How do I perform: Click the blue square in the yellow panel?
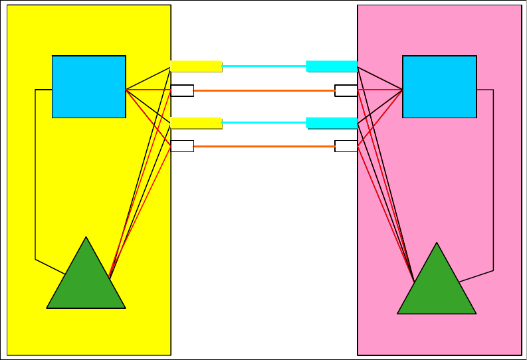(x=88, y=86)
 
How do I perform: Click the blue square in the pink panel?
(x=439, y=86)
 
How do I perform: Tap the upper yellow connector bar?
(x=196, y=66)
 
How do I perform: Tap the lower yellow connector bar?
(x=196, y=122)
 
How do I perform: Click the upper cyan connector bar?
(x=332, y=66)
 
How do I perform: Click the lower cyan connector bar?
(x=332, y=122)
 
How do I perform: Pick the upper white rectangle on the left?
(x=182, y=90)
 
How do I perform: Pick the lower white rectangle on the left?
(x=182, y=146)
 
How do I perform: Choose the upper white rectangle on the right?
(x=346, y=90)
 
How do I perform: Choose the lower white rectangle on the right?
(x=346, y=146)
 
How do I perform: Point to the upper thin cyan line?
(x=264, y=66)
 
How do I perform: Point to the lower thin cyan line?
(x=264, y=122)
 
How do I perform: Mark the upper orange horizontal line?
(x=264, y=90)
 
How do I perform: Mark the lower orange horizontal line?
(x=264, y=146)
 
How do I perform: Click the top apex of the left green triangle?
(x=86, y=238)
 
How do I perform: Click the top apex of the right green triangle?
(x=437, y=244)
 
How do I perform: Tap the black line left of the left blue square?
(x=35, y=173)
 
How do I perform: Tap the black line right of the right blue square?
(x=493, y=179)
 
